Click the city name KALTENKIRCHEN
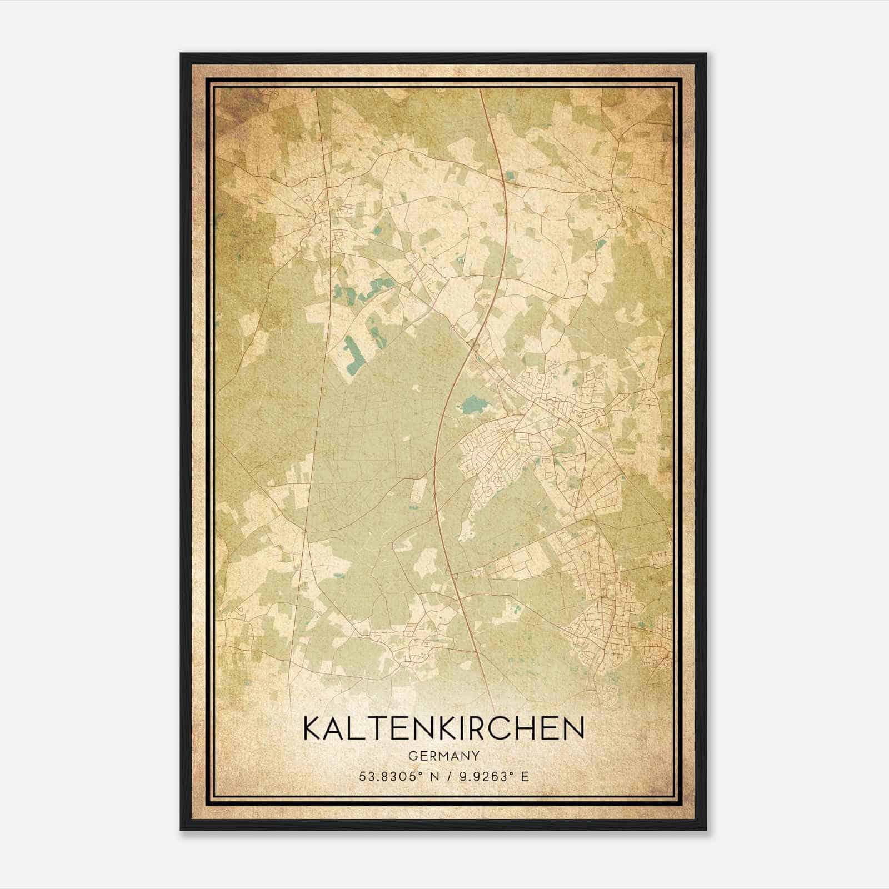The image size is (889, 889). coord(443,728)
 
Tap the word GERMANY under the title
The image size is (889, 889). coord(443,756)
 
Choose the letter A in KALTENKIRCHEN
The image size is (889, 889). coord(337,728)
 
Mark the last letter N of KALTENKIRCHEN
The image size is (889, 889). coord(573,728)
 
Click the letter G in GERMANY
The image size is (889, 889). coord(412,756)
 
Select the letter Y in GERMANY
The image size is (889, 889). coord(476,756)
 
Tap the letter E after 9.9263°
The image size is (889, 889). coord(525,776)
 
